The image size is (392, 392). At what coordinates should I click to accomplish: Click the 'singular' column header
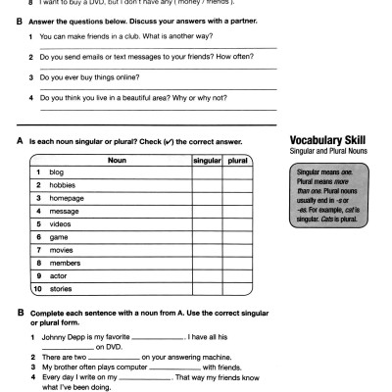pos(207,158)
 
